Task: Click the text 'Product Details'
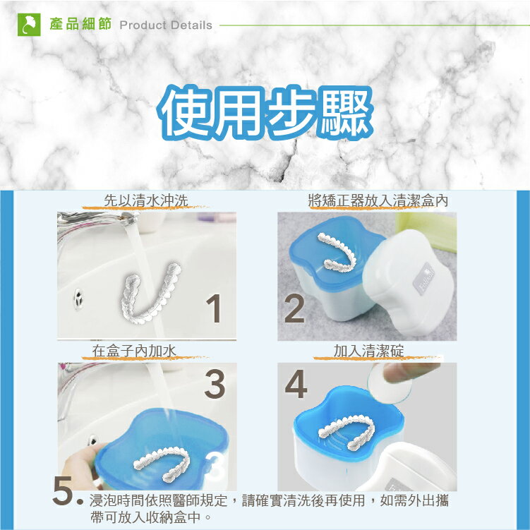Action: pyautogui.click(x=166, y=25)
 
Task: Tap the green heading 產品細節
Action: pyautogui.click(x=81, y=25)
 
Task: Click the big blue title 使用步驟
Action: pyautogui.click(x=265, y=112)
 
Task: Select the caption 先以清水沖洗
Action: pyautogui.click(x=146, y=200)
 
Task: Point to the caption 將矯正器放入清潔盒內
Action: pyautogui.click(x=378, y=200)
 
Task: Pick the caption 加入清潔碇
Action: pyautogui.click(x=368, y=349)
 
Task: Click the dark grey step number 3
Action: pyautogui.click(x=215, y=384)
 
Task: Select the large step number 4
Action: pyautogui.click(x=297, y=384)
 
